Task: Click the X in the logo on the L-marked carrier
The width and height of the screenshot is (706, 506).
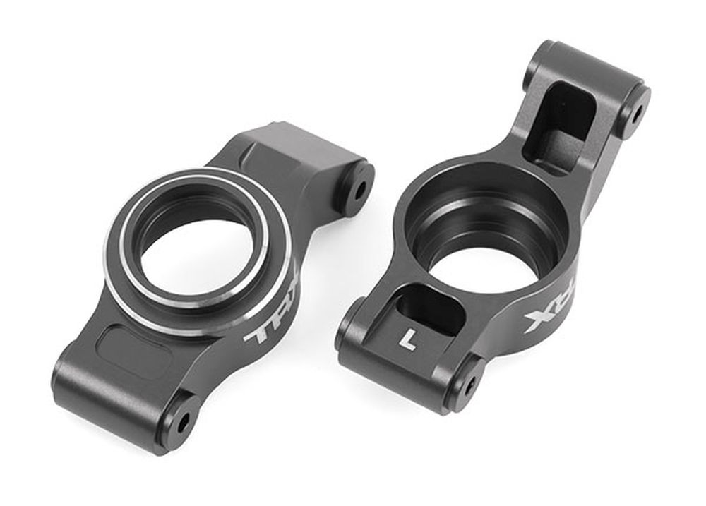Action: point(536,321)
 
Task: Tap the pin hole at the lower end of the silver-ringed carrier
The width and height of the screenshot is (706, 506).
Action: point(183,422)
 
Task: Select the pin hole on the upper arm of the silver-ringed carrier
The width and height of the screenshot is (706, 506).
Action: point(360,189)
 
